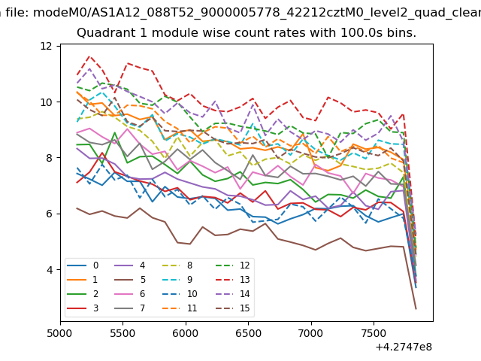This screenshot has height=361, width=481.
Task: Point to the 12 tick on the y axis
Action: point(46,46)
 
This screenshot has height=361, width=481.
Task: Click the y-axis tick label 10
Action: point(46,102)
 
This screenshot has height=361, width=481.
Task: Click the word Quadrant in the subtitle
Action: point(104,33)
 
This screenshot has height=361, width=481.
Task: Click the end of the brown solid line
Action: point(416,308)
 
